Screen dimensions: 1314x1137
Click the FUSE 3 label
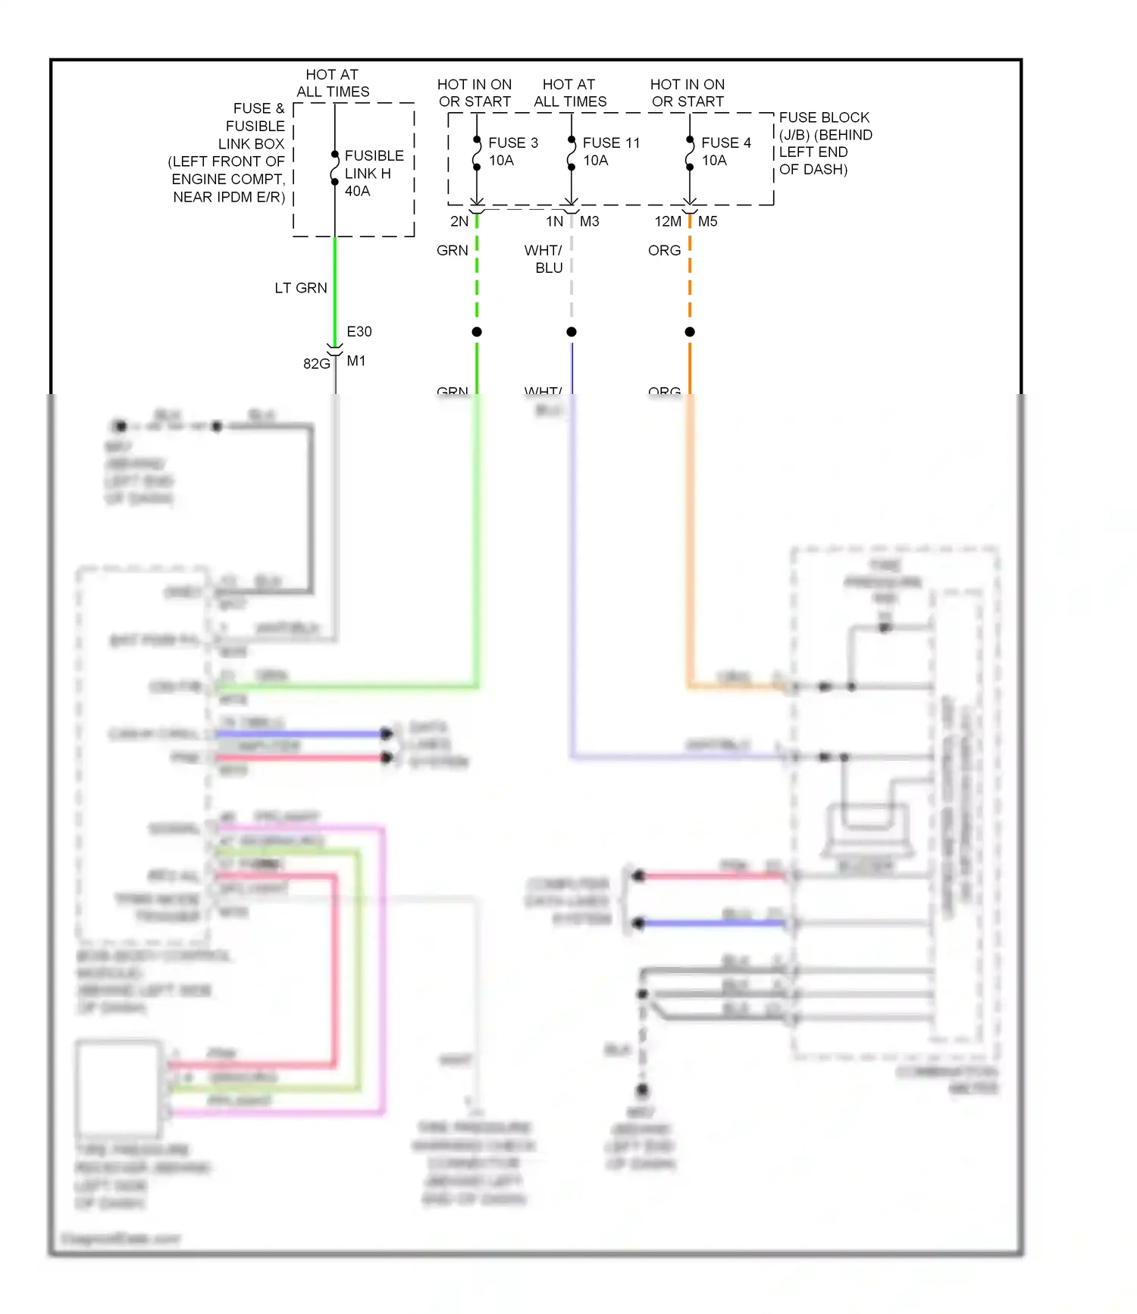[512, 143]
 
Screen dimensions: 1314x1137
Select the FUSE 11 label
[611, 143]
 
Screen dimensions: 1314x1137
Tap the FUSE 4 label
[725, 143]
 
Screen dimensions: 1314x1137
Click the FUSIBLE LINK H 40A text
[373, 174]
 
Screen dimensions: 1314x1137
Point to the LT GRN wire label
[300, 289]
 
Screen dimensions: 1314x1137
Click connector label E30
[359, 332]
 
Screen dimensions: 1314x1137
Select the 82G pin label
[315, 364]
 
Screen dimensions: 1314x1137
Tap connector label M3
[589, 222]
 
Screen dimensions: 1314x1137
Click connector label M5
[707, 222]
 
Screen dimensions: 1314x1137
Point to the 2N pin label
[459, 222]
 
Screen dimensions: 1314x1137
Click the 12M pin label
[667, 222]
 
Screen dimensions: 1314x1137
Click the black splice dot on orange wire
[689, 332]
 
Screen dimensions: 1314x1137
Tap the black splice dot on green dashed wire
[477, 332]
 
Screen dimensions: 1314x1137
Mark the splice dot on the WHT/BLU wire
[572, 332]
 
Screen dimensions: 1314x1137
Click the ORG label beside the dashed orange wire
[664, 251]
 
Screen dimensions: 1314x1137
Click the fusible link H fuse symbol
[334, 168]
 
